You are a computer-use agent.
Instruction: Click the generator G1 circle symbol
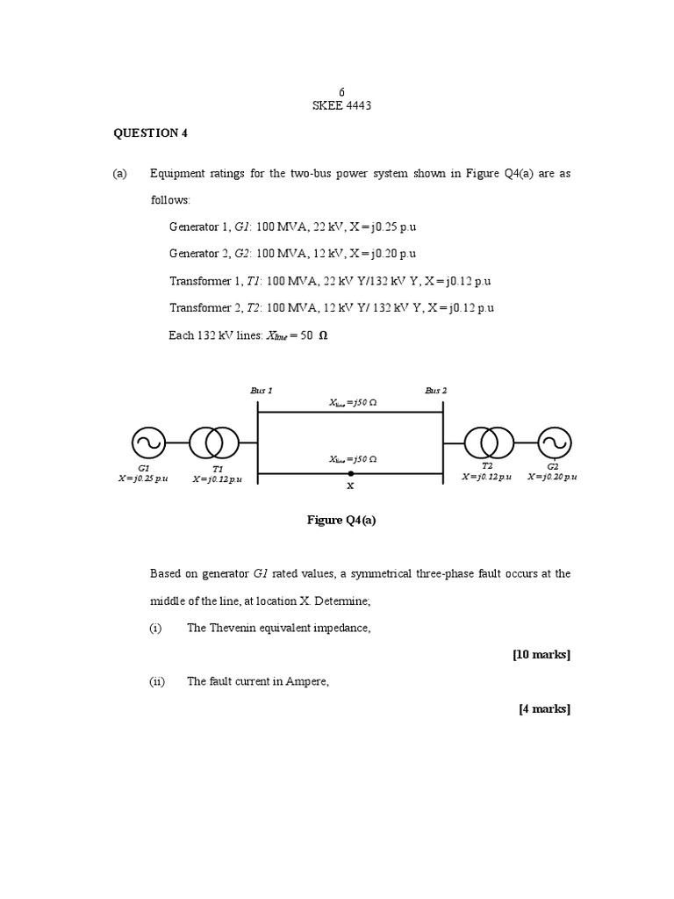click(148, 443)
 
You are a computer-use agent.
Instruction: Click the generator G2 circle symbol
click(554, 443)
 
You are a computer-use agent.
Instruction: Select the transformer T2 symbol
click(488, 443)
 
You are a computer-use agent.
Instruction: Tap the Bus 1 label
click(262, 390)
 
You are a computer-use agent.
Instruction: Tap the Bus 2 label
click(436, 390)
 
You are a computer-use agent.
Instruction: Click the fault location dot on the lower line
click(351, 474)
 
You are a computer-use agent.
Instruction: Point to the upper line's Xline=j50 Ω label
click(353, 403)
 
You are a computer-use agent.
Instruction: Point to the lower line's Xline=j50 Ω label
click(353, 459)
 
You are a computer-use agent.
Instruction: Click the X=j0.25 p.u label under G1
click(143, 478)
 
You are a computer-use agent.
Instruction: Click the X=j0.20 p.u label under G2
click(552, 476)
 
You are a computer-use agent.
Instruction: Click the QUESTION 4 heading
click(151, 133)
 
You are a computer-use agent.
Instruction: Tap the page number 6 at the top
click(342, 92)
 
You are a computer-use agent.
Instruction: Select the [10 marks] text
click(541, 654)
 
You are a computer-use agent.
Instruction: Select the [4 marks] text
click(545, 709)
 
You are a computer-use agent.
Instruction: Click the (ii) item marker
click(157, 682)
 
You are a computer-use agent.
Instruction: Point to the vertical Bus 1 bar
click(257, 439)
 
